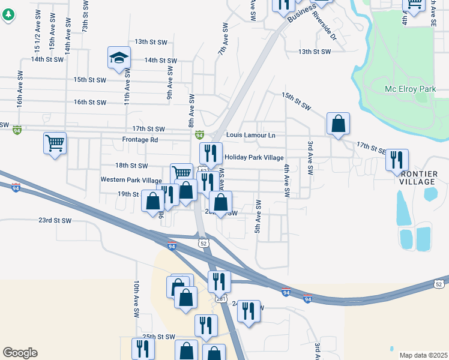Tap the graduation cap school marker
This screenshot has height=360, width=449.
pos(119,58)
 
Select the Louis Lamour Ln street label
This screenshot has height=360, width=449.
pos(251,136)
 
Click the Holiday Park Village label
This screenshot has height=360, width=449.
pos(253,157)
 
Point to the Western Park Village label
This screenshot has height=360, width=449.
pos(131,180)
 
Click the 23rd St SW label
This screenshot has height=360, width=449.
pos(55,221)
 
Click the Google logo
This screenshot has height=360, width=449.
pos(20,353)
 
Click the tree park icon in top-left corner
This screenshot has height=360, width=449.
pos(8,15)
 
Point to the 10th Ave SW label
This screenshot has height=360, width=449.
pos(137,299)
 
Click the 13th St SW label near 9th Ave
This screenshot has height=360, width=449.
pos(149,42)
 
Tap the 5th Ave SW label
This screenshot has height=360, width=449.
pos(258,217)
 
